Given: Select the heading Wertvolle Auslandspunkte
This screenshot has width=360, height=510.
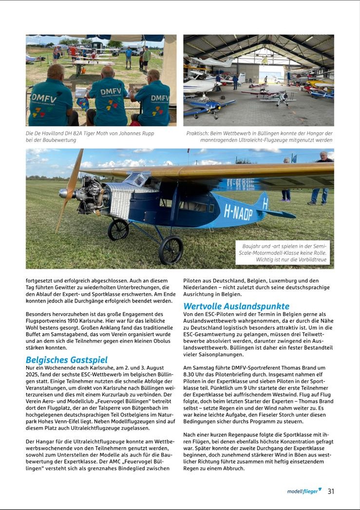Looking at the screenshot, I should point(236,306).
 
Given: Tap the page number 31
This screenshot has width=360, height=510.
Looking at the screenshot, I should point(331,491).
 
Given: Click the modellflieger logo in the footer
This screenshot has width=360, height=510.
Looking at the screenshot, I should point(304,491).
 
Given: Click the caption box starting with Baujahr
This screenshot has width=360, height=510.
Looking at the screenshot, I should point(282,253).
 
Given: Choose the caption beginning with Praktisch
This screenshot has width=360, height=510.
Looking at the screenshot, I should point(259,136).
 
